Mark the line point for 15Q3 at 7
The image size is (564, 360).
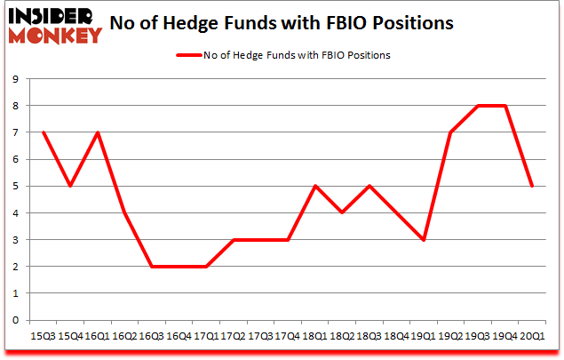[43, 132]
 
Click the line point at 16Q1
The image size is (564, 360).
[97, 132]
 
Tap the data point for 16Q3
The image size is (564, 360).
[151, 266]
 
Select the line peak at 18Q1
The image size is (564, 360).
[314, 186]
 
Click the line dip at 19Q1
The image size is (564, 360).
[423, 239]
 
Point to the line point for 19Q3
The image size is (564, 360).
[478, 106]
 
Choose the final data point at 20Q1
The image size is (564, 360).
[532, 186]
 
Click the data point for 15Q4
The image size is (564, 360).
[69, 186]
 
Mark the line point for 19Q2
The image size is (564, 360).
[450, 132]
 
